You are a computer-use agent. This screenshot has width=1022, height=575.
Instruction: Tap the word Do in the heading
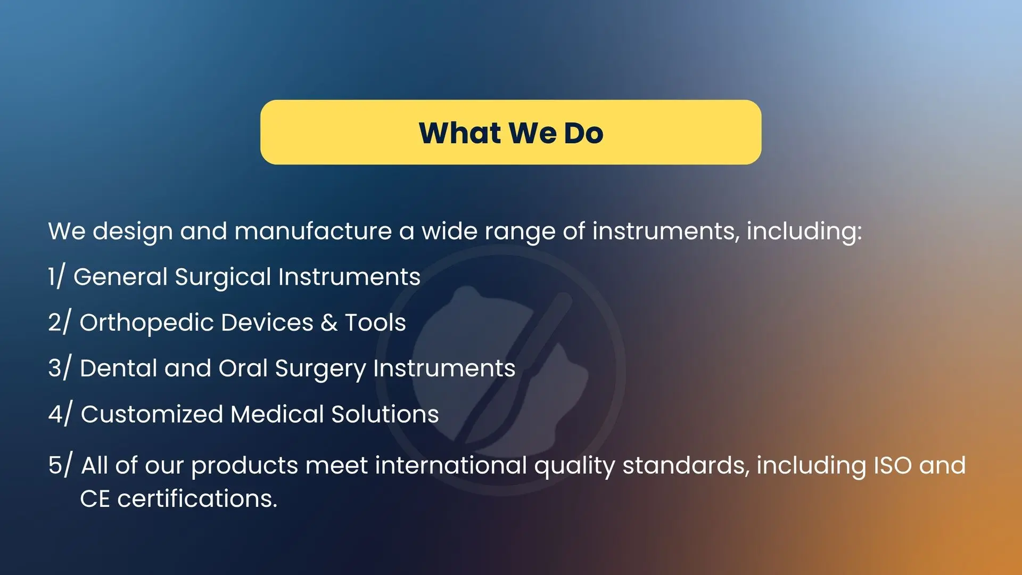[x=583, y=133]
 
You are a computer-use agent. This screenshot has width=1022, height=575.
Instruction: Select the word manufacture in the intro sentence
[x=313, y=231]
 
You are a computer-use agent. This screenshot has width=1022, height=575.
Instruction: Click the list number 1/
[x=56, y=276]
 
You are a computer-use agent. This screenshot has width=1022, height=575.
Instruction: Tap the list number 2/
[x=59, y=322]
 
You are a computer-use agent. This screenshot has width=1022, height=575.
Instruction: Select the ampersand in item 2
[x=329, y=323]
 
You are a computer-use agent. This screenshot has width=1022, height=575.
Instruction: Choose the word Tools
[x=375, y=323]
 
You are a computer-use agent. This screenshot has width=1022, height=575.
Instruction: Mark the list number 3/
[x=59, y=367]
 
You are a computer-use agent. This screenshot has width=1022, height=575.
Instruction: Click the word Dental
[x=119, y=368]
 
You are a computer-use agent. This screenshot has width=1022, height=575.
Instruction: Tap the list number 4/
[x=60, y=413]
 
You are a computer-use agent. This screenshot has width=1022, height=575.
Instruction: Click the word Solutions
[x=385, y=414]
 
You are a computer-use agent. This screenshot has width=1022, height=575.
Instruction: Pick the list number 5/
[x=60, y=464]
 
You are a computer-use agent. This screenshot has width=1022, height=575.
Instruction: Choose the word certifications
[x=197, y=499]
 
